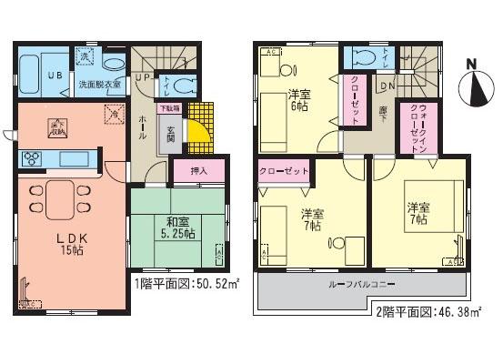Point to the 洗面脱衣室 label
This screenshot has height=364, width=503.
coord(98,85)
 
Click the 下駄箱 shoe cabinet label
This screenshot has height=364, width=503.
coord(170,108)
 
